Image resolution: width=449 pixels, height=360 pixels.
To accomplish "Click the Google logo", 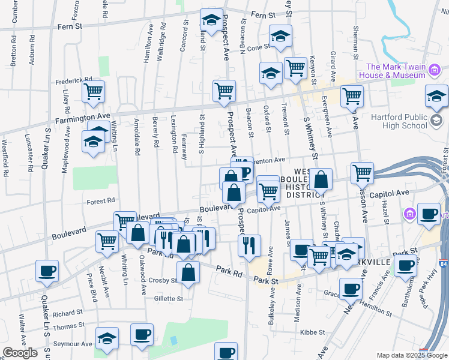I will click(x=20, y=353).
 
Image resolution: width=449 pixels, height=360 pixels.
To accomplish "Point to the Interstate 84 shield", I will click(x=443, y=263).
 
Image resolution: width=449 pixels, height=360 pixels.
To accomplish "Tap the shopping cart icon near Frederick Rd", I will click(x=93, y=92).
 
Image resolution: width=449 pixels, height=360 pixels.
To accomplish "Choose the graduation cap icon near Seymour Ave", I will click(x=107, y=338).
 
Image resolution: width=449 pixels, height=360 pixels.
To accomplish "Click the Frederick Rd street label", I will click(x=73, y=79).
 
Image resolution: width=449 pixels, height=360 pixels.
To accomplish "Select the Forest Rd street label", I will click(x=100, y=202).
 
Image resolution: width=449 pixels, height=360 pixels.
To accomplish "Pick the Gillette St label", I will click(x=167, y=298).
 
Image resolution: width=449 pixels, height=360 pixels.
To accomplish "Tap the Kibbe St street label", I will click(x=312, y=332).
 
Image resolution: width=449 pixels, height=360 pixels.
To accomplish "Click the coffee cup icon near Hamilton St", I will click(x=351, y=289).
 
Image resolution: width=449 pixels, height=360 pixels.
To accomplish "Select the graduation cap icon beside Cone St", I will click(x=280, y=37).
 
